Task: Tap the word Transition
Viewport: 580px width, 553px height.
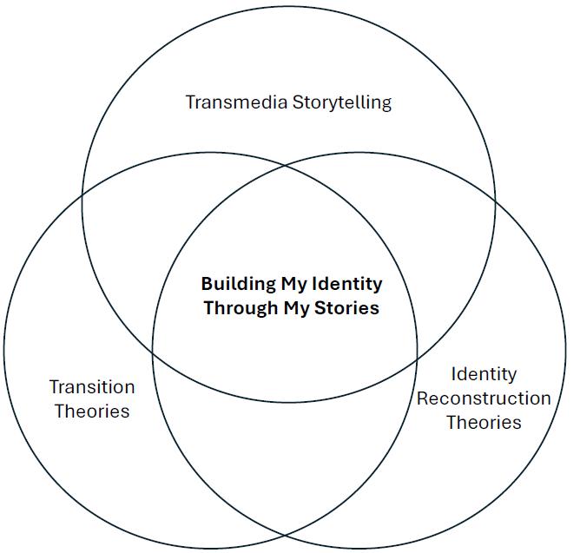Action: click(92, 387)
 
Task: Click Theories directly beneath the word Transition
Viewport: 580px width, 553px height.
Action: click(92, 411)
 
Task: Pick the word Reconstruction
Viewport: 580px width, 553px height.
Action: click(484, 398)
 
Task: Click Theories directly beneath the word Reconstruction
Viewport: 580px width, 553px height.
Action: click(484, 423)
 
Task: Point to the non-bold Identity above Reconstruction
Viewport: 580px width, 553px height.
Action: click(484, 374)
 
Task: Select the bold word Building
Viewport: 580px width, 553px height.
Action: click(239, 284)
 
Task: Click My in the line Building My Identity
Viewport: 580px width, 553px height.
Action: click(293, 284)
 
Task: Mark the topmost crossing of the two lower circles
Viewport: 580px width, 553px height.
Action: click(286, 164)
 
